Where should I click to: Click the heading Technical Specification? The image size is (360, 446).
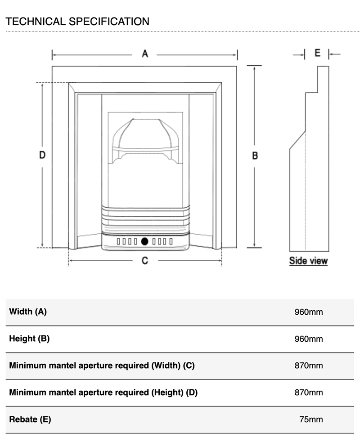click(x=77, y=21)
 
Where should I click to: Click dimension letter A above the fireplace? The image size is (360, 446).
click(x=145, y=54)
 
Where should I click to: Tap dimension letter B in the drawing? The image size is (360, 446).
click(x=255, y=156)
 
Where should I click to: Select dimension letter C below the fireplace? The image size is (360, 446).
click(x=145, y=260)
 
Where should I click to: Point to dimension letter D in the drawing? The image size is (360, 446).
click(x=42, y=155)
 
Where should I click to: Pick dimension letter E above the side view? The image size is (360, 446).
click(x=317, y=53)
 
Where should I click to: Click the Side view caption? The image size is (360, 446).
click(x=308, y=261)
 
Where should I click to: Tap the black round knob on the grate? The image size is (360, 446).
click(x=144, y=241)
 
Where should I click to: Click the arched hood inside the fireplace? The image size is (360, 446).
click(x=145, y=135)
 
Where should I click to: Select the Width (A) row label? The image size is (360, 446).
click(x=28, y=312)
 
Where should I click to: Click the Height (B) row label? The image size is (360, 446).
click(x=29, y=339)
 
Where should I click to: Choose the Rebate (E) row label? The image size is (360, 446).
click(x=30, y=419)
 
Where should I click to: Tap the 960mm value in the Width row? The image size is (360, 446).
click(x=309, y=312)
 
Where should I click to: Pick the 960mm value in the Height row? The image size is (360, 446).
click(x=309, y=339)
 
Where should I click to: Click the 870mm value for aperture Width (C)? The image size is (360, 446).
click(x=309, y=366)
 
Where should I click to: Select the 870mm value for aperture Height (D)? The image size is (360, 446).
click(x=309, y=392)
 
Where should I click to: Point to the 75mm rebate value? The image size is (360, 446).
click(x=311, y=419)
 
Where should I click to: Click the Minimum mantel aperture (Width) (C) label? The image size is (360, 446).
click(x=102, y=366)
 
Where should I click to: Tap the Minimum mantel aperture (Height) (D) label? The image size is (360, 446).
click(x=103, y=392)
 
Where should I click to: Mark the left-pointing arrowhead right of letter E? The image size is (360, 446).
click(x=331, y=54)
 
